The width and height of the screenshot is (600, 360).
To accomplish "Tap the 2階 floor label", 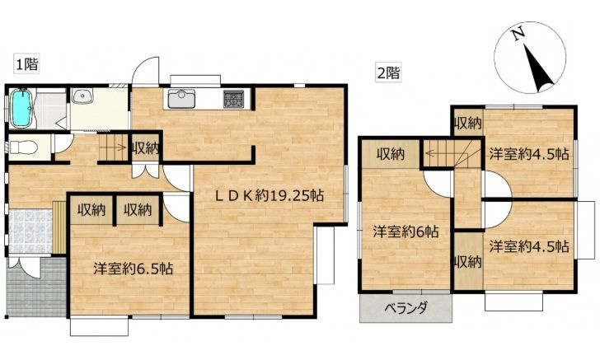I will [387, 72].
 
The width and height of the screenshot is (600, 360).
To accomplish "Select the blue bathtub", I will [21, 108].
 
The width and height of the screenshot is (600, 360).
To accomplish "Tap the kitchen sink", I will [180, 100].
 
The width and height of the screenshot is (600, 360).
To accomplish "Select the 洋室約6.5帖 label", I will [132, 269].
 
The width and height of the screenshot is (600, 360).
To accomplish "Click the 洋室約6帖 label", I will [403, 231].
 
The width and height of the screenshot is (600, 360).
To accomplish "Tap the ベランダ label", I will [406, 309].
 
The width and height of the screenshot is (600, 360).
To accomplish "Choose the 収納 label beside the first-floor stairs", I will [146, 148].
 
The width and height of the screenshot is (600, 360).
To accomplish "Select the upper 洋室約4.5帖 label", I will [528, 153].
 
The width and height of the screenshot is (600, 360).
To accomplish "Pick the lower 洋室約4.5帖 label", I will [528, 245].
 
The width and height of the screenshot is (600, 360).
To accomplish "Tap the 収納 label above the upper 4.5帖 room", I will [467, 124].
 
